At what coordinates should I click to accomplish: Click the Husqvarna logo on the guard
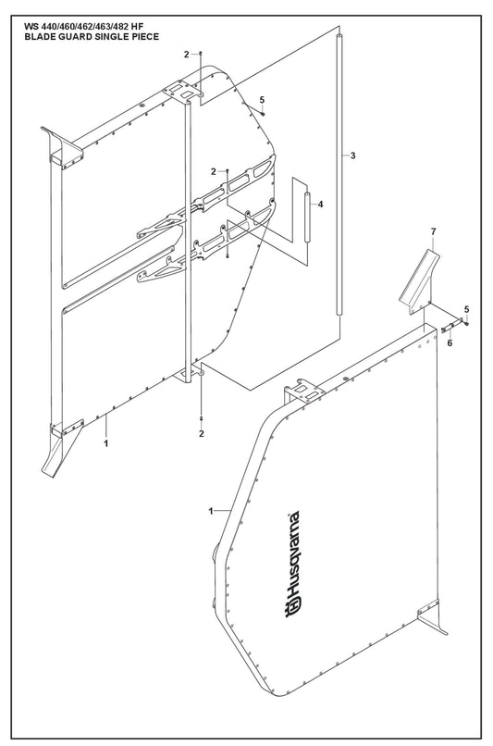[x=292, y=565]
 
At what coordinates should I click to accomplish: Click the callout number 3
[x=352, y=155]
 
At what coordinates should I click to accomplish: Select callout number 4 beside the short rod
[x=320, y=205]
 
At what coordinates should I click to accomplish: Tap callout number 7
[x=433, y=231]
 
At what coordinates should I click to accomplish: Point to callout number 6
[x=450, y=342]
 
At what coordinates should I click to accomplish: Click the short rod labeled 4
[x=307, y=217]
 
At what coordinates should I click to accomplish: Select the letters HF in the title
[x=137, y=27]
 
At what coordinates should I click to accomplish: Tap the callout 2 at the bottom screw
[x=202, y=433]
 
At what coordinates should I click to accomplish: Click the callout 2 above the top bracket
[x=186, y=55]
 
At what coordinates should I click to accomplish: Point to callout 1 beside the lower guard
[x=211, y=511]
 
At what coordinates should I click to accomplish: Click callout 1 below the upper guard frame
[x=106, y=443]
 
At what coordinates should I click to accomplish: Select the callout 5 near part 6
[x=466, y=310]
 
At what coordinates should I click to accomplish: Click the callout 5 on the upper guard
[x=262, y=100]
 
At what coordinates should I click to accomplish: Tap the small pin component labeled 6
[x=449, y=328]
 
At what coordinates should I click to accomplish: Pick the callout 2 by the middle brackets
[x=214, y=171]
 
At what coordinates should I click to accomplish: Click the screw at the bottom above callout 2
[x=202, y=417]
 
